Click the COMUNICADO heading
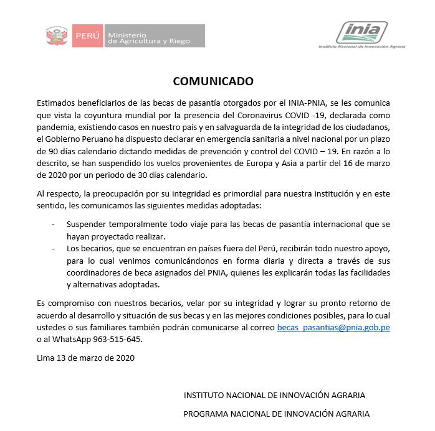[x=213, y=81]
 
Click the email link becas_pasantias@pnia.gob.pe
[x=333, y=327]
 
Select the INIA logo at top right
[x=361, y=32]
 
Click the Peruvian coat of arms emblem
[x=57, y=35]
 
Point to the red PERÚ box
[x=87, y=35]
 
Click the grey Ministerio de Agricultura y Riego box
[x=154, y=35]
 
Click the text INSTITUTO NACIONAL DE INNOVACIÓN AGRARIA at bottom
[x=274, y=395]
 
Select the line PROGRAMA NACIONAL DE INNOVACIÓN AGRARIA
[x=276, y=414]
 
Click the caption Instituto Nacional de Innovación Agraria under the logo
[x=361, y=47]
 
